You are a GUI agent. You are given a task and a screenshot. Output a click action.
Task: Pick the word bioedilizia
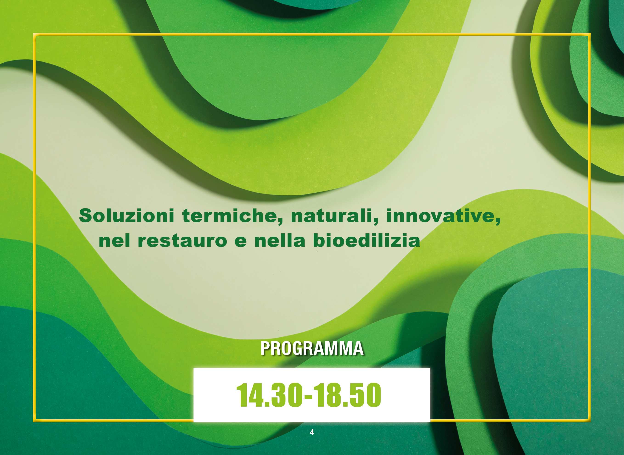click(x=367, y=240)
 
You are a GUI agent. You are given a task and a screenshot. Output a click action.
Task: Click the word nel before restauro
click(x=114, y=240)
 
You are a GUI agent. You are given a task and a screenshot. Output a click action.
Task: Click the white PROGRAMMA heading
click(x=312, y=348)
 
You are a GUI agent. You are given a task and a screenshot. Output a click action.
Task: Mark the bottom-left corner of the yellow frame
click(x=34, y=421)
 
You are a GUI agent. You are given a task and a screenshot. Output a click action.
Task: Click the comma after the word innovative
click(x=498, y=221)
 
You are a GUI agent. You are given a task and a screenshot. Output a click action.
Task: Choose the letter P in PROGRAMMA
click(x=265, y=348)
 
